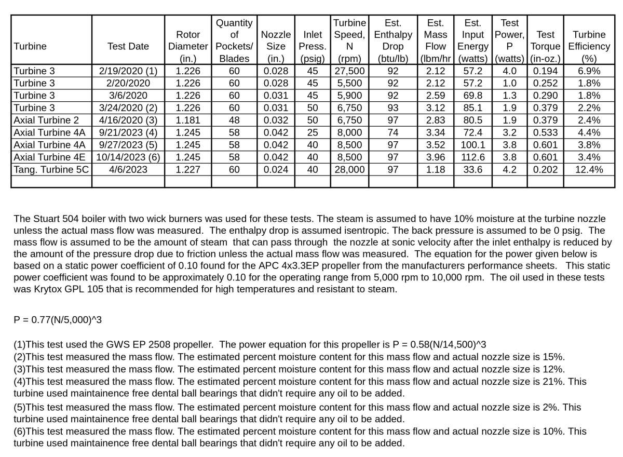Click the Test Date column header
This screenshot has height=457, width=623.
pyautogui.click(x=128, y=46)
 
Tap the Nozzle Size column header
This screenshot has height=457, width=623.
pyautogui.click(x=276, y=41)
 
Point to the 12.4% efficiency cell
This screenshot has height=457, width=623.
pyautogui.click(x=589, y=169)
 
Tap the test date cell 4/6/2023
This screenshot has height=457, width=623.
pyautogui.click(x=128, y=169)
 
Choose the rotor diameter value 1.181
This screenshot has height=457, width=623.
pyautogui.click(x=188, y=120)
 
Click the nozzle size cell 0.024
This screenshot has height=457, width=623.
pyautogui.click(x=276, y=169)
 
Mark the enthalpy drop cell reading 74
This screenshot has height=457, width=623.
pyautogui.click(x=393, y=132)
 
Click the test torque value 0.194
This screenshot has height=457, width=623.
pyautogui.click(x=545, y=71)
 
